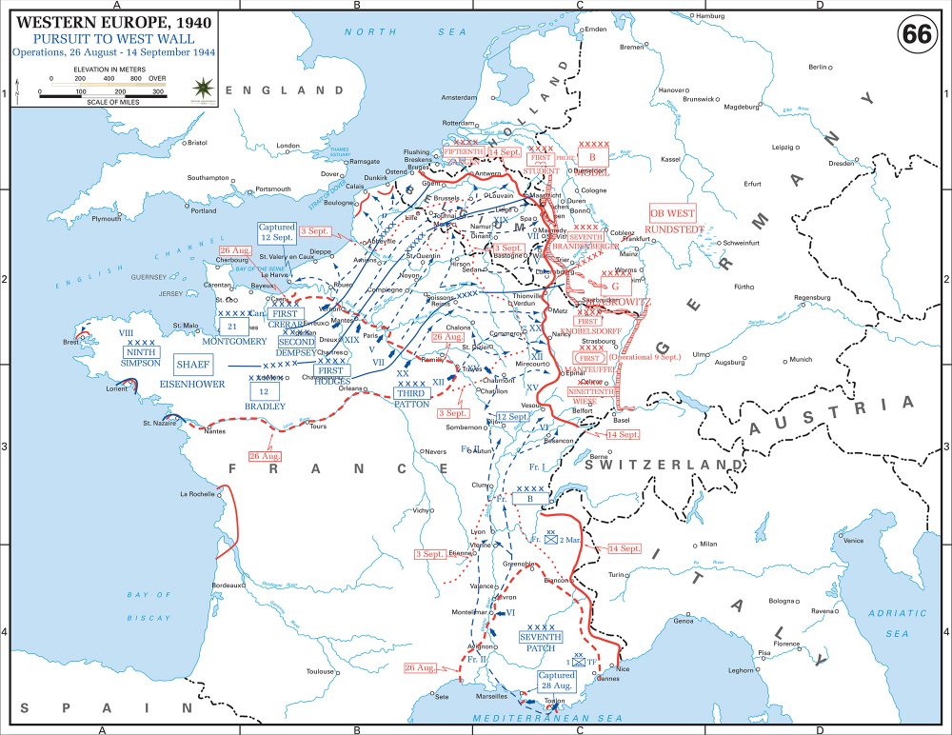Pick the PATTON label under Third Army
click(x=412, y=404)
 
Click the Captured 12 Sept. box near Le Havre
click(x=278, y=233)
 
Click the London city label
click(x=288, y=146)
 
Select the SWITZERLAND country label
click(x=663, y=464)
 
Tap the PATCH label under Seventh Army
click(x=540, y=648)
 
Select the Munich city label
click(x=801, y=359)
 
